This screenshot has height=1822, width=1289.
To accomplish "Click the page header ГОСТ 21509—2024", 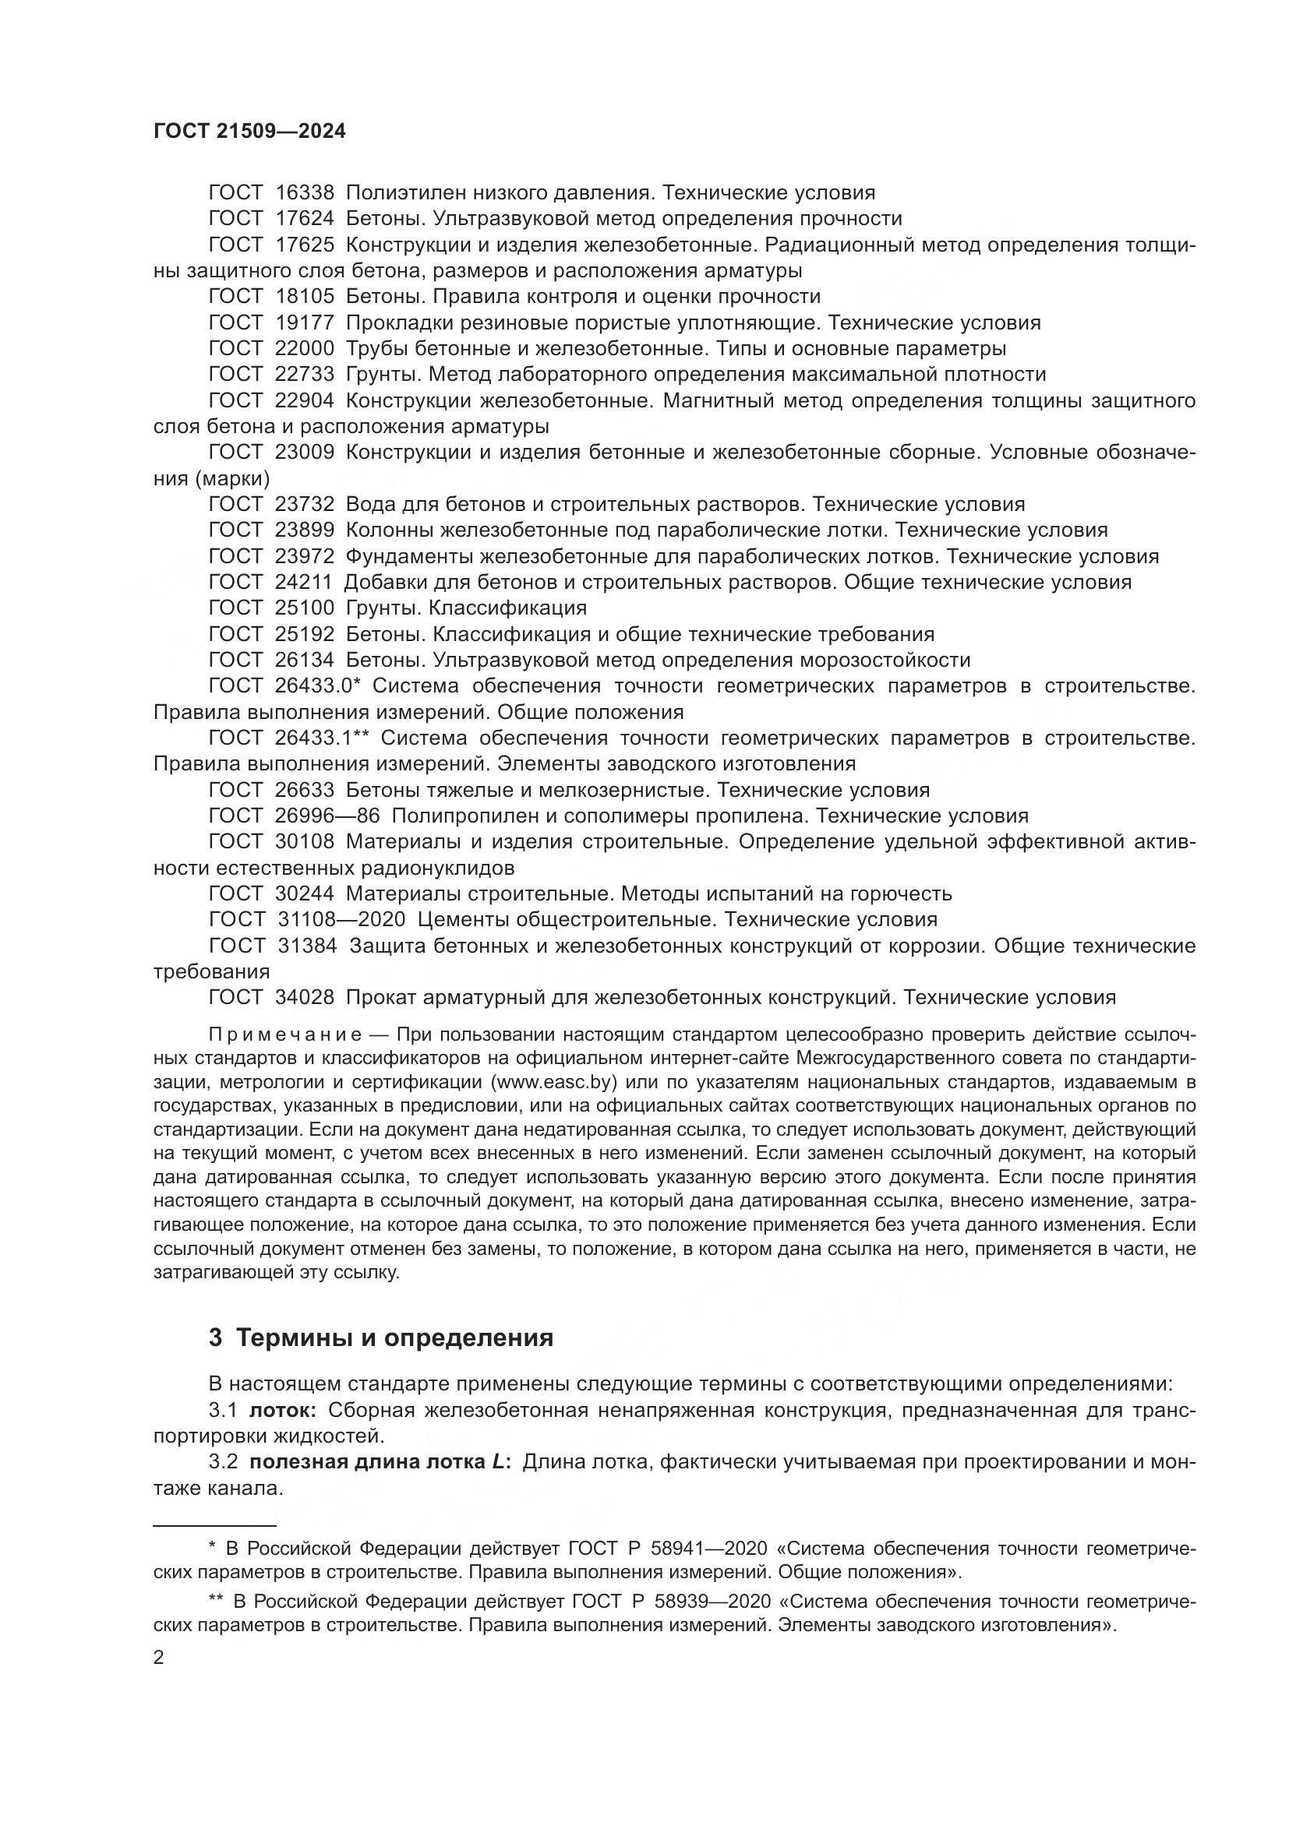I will (249, 132).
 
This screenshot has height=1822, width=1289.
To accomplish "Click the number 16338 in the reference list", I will (305, 193).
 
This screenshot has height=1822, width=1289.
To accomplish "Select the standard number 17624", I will (305, 219).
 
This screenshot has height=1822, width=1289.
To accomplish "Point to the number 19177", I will (305, 323).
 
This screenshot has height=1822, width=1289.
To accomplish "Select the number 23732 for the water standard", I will (305, 505).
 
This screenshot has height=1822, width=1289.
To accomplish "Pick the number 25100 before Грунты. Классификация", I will (305, 608).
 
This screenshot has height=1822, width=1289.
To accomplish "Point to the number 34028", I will (305, 998).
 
